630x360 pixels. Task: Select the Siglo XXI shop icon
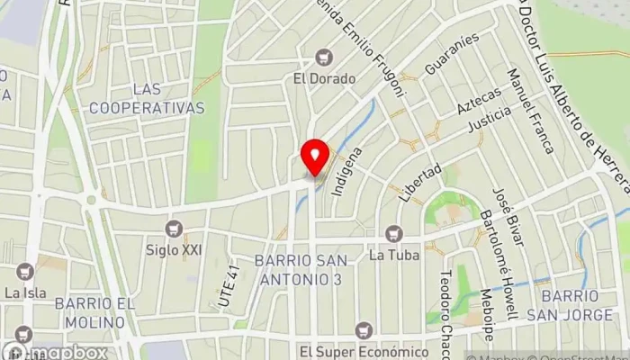coord(174,229)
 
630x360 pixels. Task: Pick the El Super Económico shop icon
coord(364,330)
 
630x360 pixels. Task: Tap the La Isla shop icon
coord(23,272)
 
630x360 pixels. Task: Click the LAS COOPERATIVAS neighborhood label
coord(167,99)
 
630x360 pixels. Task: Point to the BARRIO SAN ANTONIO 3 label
coord(298,270)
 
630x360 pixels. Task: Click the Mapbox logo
coord(56,350)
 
